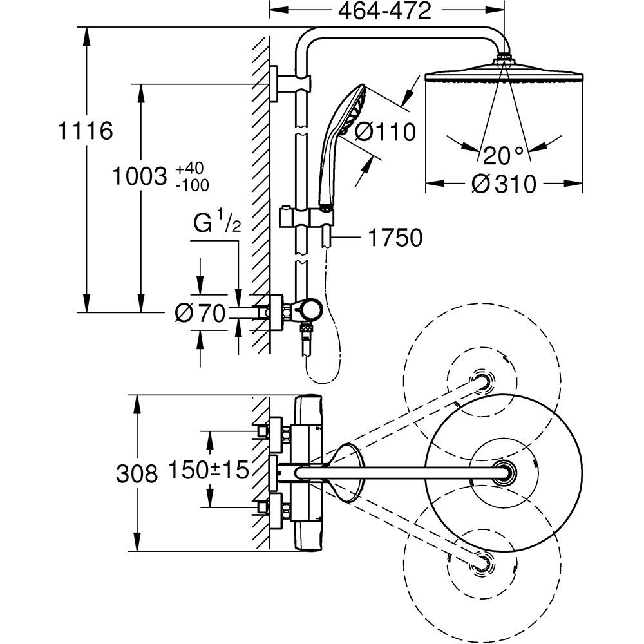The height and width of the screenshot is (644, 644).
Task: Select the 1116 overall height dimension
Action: [x=85, y=131]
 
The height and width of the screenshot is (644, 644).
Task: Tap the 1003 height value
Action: [x=140, y=176]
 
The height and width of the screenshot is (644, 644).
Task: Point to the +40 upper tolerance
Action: [x=189, y=168]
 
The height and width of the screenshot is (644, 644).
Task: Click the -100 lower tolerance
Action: [x=191, y=184]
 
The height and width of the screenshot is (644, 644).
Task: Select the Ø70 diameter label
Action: [x=200, y=314]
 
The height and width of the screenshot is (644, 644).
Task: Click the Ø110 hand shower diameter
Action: [x=385, y=132]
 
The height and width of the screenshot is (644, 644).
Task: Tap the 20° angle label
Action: [x=504, y=155]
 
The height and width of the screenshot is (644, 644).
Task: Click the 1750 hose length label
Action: [x=395, y=238]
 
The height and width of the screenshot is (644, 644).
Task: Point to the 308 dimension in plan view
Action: [x=137, y=474]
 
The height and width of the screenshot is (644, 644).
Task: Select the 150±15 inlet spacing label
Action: [x=209, y=470]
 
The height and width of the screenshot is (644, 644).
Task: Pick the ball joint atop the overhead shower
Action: [x=504, y=59]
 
